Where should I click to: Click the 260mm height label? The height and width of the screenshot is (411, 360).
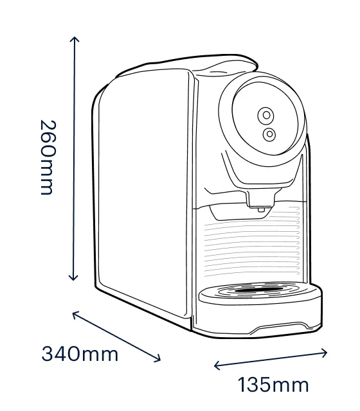(x=48, y=157)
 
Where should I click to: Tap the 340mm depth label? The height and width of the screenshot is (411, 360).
(x=80, y=354)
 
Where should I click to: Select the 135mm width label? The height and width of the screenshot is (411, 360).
(x=273, y=385)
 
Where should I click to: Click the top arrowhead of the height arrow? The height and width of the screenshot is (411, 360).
(x=75, y=39)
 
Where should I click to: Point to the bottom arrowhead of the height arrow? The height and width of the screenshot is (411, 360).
(x=73, y=278)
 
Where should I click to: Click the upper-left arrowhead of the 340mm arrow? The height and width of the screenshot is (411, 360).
(x=75, y=314)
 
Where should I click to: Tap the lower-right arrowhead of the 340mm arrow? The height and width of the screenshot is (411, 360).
(x=157, y=359)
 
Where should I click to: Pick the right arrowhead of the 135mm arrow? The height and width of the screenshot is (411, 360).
(x=324, y=353)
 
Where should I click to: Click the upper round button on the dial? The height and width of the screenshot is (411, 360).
(x=265, y=116)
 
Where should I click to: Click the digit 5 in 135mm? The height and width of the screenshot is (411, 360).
(x=264, y=385)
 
